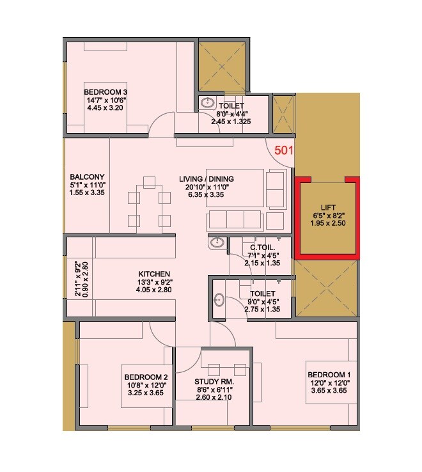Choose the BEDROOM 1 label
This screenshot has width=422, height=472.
tap(329, 374)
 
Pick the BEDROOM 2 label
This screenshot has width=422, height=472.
tap(146, 377)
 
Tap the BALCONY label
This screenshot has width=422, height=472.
tap(87, 177)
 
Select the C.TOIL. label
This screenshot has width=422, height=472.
tap(262, 247)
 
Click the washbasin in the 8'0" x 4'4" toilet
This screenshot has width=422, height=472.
tap(208, 102)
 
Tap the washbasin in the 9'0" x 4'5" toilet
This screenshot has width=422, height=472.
tap(219, 299)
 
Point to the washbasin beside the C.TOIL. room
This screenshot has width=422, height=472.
tap(216, 242)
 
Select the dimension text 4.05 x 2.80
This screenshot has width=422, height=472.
tap(154, 289)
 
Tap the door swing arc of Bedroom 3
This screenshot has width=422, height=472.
tap(161, 123)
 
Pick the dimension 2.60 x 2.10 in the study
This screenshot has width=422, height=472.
tap(214, 397)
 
